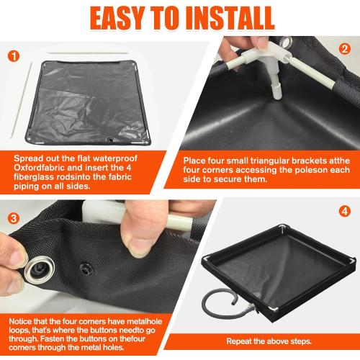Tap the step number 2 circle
(x=344, y=50)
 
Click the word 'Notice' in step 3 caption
(x=26, y=320)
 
